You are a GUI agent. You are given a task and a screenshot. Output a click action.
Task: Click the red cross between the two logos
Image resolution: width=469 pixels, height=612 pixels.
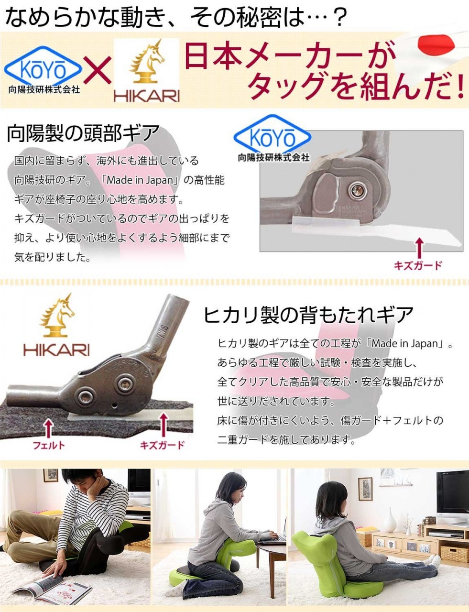point(97,70)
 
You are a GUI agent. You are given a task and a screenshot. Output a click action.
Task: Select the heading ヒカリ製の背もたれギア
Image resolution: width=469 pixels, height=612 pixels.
point(308,315)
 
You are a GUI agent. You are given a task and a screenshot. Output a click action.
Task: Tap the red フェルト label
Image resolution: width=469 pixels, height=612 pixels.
point(49,446)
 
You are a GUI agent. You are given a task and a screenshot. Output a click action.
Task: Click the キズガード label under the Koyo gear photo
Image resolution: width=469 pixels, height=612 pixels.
point(417,265)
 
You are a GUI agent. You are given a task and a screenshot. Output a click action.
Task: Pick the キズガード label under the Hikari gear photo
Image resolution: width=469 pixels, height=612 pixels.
point(162,445)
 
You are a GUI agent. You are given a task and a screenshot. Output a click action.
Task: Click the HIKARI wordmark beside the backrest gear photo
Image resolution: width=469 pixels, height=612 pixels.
point(56,350)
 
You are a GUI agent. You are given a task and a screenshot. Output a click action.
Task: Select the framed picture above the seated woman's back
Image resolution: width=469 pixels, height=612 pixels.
point(365,489)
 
